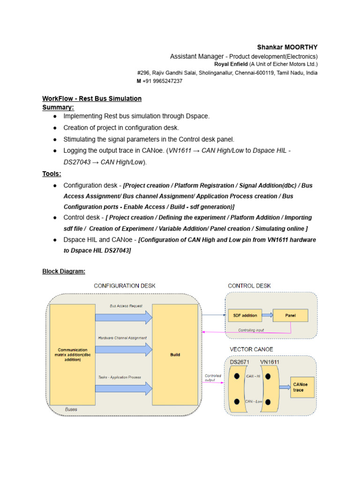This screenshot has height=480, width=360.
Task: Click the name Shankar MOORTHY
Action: [x=287, y=47]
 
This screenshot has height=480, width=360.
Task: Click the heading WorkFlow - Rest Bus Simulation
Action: [x=92, y=99]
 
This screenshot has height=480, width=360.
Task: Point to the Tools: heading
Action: [x=52, y=174]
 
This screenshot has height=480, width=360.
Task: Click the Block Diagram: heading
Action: [x=64, y=271]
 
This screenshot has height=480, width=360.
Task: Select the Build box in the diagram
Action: [x=175, y=355]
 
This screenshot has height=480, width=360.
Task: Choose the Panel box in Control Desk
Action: [x=291, y=315]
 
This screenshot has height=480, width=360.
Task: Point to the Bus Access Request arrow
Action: [x=124, y=317]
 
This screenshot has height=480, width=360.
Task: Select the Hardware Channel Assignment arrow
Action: [x=124, y=349]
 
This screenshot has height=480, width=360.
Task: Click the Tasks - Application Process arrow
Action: [x=124, y=388]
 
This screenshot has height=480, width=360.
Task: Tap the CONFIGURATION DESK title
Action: [x=125, y=286]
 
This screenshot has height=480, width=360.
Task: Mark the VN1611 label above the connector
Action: [x=270, y=362]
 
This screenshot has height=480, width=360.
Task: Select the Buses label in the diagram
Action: [x=71, y=410]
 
